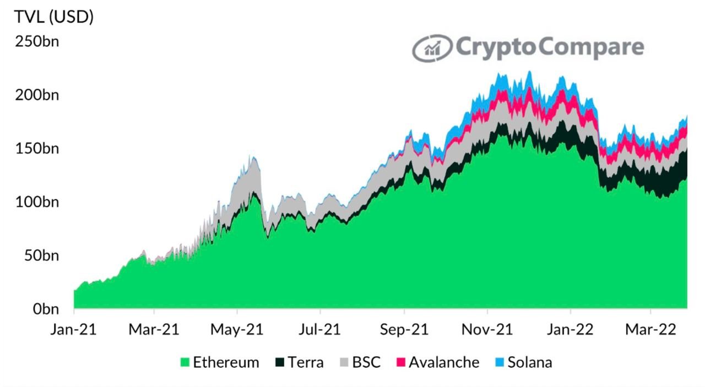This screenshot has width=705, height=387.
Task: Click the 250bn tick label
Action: pyautogui.click(x=37, y=41)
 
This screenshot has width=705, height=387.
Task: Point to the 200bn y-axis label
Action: pyautogui.click(x=37, y=95)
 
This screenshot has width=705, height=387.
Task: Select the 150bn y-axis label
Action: pyautogui.click(x=37, y=149)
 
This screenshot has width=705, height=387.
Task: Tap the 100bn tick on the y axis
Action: pyautogui.click(x=37, y=202)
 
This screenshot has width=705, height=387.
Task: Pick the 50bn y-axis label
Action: pyautogui.click(x=41, y=255)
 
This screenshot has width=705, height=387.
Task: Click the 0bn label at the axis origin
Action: pyautogui.click(x=46, y=309)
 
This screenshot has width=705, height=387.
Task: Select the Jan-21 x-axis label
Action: pyautogui.click(x=73, y=329)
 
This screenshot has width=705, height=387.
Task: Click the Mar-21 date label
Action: pyautogui.click(x=154, y=329)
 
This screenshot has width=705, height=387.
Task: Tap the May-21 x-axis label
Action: pyautogui.click(x=237, y=329)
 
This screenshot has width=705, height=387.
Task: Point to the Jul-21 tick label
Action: pyautogui.click(x=320, y=329)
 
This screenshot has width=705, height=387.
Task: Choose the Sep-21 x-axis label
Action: pyautogui.click(x=404, y=329)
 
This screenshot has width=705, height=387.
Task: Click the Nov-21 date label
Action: pyautogui.click(x=487, y=329)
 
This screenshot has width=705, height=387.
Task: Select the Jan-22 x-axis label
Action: pyautogui.click(x=570, y=329)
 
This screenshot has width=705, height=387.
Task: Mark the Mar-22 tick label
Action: pyautogui.click(x=650, y=329)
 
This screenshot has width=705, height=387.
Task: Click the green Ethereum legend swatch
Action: pyautogui.click(x=185, y=362)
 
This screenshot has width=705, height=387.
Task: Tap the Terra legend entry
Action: pyautogui.click(x=299, y=362)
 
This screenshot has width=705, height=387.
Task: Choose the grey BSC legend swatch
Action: pyautogui.click(x=344, y=362)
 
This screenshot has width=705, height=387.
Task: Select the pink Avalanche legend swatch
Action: pyautogui.click(x=400, y=362)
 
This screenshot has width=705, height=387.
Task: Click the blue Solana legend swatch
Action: pyautogui.click(x=500, y=362)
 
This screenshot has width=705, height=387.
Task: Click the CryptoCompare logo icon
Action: pyautogui.click(x=432, y=48)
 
